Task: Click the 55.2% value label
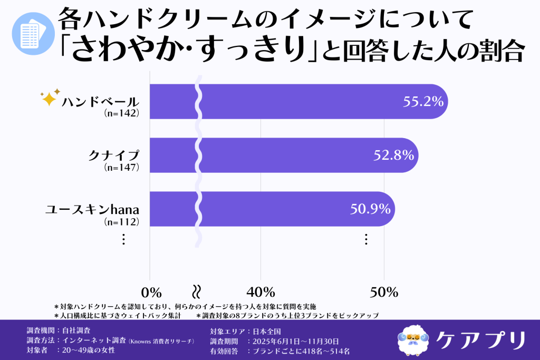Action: [423, 102]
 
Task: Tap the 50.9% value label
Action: [371, 209]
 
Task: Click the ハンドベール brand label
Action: [100, 102]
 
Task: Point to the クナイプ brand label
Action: [113, 156]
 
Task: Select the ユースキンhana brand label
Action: [92, 210]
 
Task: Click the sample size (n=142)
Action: [122, 113]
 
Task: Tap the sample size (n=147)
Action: [122, 168]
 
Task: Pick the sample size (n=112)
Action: [122, 221]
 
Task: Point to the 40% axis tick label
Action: [261, 292]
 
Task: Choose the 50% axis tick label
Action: [383, 292]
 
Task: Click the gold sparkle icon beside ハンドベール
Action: [50, 98]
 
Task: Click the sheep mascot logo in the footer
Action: [412, 339]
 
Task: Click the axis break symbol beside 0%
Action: [196, 291]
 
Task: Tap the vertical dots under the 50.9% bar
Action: [365, 239]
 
